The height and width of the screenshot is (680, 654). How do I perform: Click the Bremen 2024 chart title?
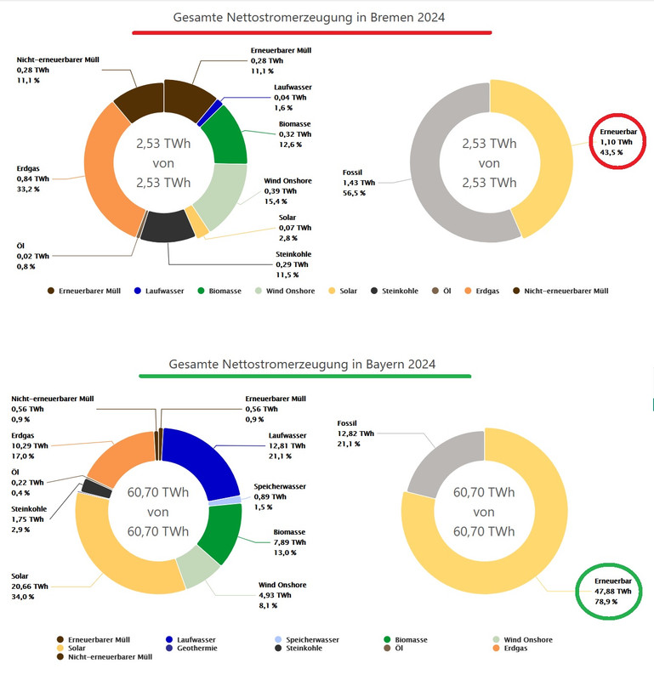coord(310,17)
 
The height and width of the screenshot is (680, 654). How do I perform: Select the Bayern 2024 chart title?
coord(303,364)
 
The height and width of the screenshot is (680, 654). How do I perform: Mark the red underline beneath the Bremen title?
coord(311,33)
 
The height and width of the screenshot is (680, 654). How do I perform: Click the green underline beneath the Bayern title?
coord(304,376)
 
